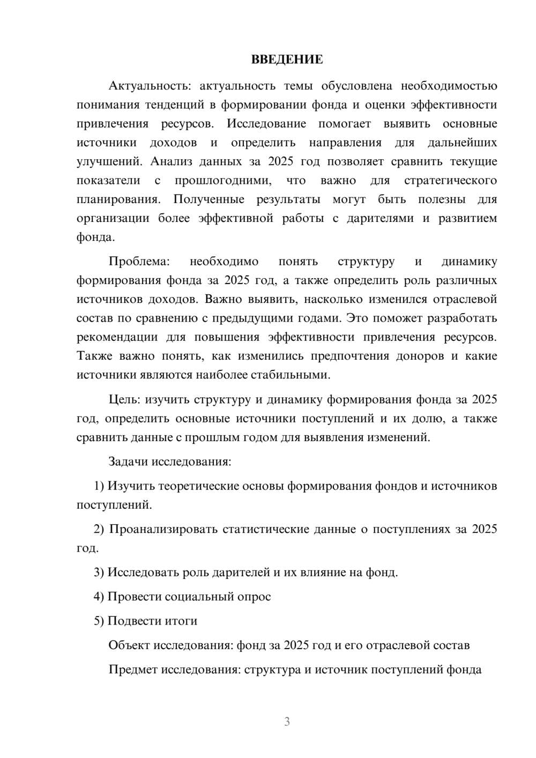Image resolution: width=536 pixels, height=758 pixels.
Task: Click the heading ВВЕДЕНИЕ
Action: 287,60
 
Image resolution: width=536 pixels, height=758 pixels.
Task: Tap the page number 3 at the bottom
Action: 287,722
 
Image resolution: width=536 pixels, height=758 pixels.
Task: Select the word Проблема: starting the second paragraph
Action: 139,262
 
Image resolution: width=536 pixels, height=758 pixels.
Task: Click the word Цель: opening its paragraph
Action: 124,399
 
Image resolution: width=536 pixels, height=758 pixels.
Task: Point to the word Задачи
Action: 129,461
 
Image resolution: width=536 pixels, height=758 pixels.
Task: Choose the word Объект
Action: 129,645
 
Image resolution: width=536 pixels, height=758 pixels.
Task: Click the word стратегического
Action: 450,180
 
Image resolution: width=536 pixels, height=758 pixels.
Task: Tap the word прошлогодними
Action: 222,180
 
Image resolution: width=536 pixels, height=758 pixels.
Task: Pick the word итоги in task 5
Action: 182,621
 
